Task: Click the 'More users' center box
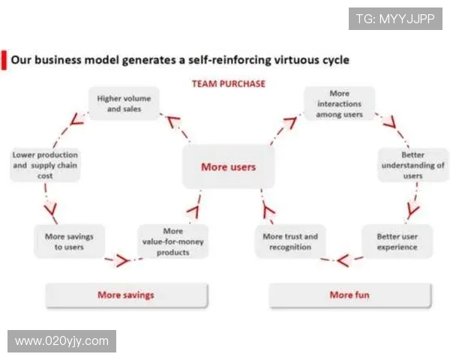228,166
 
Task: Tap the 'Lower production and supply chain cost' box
45,164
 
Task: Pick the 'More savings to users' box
70,241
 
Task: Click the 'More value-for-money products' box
172,241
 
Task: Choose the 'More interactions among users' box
339,103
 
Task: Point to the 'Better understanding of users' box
412,165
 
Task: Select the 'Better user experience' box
397,241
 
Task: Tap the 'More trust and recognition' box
290,241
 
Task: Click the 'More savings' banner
126,295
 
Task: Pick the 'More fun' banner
350,295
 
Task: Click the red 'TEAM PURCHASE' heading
228,84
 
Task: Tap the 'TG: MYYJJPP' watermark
394,19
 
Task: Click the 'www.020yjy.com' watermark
62,341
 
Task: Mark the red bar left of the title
4,59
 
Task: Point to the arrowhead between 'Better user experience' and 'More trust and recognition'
342,261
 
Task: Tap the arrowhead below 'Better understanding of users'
412,208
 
